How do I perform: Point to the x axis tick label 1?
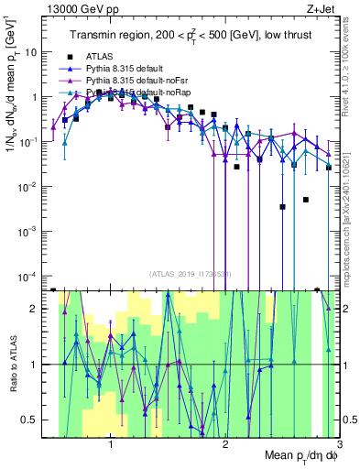tap(111, 446)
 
